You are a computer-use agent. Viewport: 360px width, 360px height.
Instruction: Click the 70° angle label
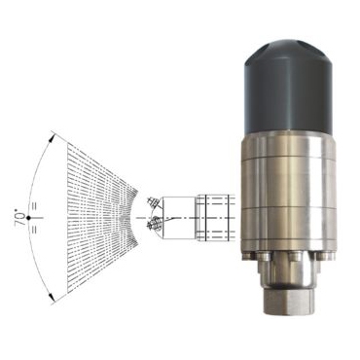[x=21, y=219]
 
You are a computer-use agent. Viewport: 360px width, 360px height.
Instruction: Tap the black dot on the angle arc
[x=29, y=218]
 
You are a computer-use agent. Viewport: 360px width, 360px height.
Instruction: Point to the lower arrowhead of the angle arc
[x=51, y=296]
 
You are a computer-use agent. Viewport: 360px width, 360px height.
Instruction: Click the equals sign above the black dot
[x=34, y=206]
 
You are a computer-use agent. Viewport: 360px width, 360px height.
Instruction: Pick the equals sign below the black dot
[x=34, y=230]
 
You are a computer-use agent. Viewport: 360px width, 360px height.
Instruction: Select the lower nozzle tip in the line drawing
[x=154, y=224]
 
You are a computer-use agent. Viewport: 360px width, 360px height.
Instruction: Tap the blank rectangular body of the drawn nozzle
[x=179, y=218]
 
